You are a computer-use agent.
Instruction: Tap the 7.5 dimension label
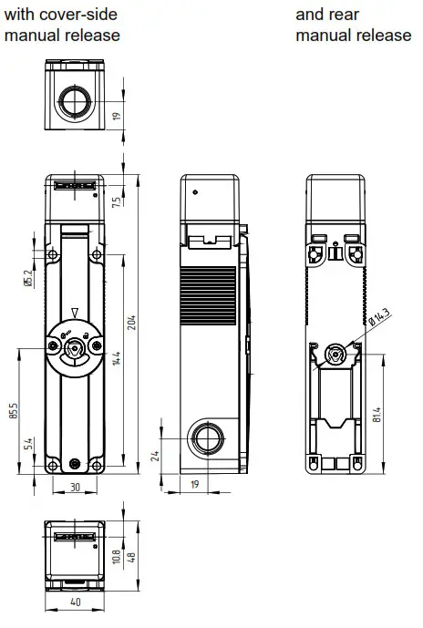(116, 202)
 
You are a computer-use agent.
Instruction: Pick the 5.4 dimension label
(29, 444)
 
